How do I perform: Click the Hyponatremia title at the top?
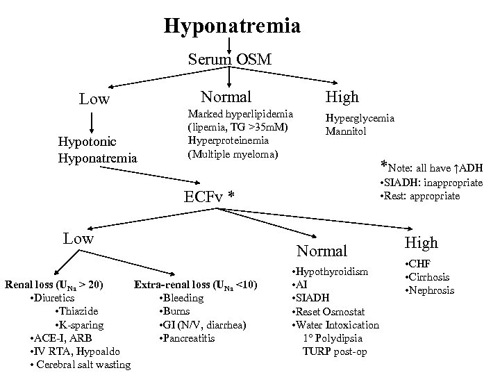pos(232,26)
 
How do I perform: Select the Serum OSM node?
pos(229,60)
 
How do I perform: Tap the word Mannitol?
pos(347,131)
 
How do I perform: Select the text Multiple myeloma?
pos(233,152)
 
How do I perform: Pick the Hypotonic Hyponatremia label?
pos(97,151)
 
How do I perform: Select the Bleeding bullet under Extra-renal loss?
pos(181,298)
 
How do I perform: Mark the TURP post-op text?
pos(335,351)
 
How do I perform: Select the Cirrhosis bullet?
pos(428,277)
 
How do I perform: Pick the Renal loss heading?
pos(54,285)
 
